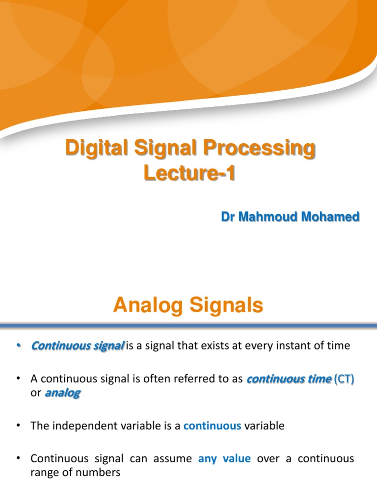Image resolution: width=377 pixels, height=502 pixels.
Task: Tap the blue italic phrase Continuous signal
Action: [x=78, y=346]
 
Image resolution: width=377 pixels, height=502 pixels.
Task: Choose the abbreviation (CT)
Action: [x=344, y=379]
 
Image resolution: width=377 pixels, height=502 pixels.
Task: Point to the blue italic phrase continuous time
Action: [x=288, y=379]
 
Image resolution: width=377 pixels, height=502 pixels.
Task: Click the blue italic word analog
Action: [x=62, y=393]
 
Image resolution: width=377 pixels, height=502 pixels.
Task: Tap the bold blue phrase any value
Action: [x=224, y=459]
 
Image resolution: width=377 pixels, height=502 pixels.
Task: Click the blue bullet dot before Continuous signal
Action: [x=19, y=346]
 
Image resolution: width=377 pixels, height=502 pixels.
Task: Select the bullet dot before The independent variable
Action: [x=19, y=426]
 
